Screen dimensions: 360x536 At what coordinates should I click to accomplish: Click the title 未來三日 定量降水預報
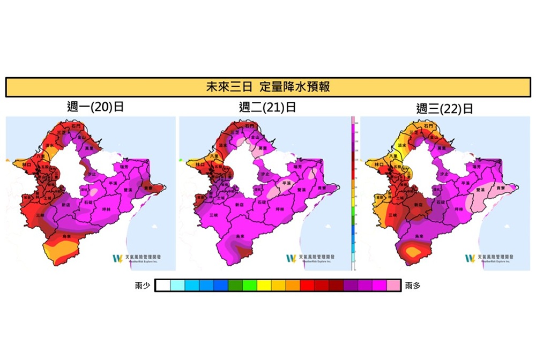coord(267,86)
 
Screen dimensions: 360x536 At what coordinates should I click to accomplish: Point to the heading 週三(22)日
coord(444,109)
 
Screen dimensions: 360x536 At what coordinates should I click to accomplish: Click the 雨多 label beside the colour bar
coord(413,286)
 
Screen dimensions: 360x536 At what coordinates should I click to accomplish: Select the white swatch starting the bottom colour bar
coord(163,286)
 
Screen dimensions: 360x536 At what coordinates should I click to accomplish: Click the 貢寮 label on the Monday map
coord(149,189)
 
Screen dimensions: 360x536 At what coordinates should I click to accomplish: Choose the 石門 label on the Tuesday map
coord(250,126)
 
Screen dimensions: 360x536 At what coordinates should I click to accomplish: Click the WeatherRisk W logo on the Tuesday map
coord(291,258)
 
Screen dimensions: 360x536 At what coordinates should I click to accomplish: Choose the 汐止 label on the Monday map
coord(92,174)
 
